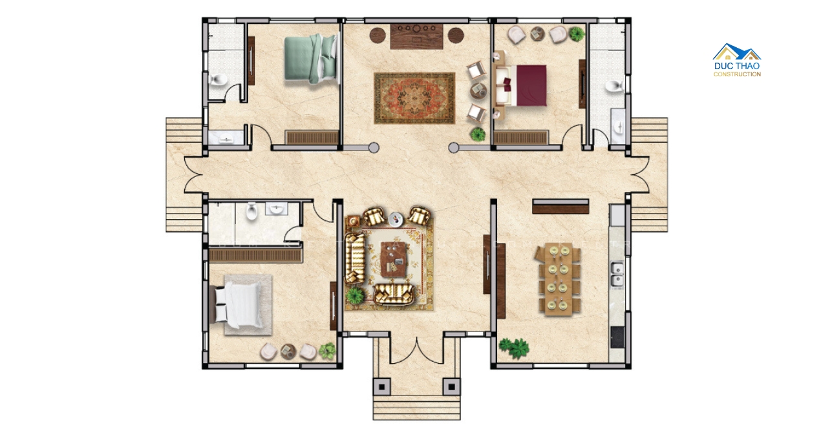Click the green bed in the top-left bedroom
click(311, 59)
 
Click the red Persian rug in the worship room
click(414, 98)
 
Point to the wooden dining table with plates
click(558, 279)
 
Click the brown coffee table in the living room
click(394, 259)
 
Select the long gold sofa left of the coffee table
click(355, 258)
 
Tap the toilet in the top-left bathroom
click(219, 79)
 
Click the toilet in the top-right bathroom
click(614, 86)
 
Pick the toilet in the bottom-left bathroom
click(251, 211)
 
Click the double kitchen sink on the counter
click(617, 275)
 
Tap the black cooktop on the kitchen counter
click(617, 337)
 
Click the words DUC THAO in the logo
click(737, 66)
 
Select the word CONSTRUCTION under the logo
click(737, 74)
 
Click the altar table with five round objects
click(417, 37)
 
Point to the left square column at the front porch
click(381, 386)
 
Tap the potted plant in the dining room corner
click(514, 348)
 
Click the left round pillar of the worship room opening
click(374, 148)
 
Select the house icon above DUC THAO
click(737, 52)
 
